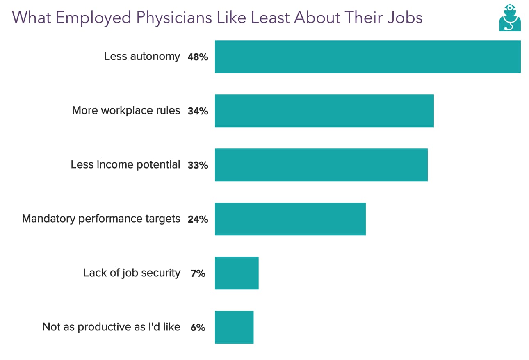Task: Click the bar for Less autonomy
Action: (x=367, y=57)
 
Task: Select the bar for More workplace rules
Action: (x=324, y=111)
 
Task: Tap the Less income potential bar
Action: (x=321, y=165)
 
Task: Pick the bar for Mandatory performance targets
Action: (x=290, y=219)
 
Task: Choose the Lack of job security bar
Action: (x=237, y=273)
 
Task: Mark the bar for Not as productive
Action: (x=234, y=327)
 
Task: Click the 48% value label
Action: (x=198, y=57)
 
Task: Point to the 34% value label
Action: (x=198, y=111)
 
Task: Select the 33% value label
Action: (x=198, y=165)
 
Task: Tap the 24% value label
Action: (x=198, y=219)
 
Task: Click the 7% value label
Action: (x=198, y=273)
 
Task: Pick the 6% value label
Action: (x=198, y=328)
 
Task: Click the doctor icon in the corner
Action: (x=510, y=18)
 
